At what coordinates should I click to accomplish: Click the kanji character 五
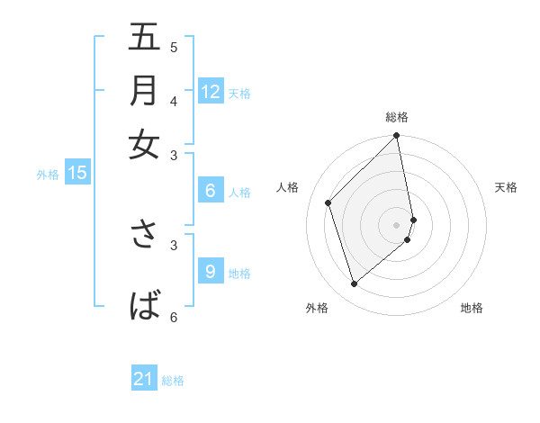[x=144, y=38]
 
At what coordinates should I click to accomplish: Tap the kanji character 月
[x=144, y=90]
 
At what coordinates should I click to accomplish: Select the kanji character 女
[x=144, y=144]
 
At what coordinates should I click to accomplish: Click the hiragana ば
[x=144, y=306]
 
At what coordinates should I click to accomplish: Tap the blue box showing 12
[x=211, y=92]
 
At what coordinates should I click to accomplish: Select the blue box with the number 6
[x=211, y=191]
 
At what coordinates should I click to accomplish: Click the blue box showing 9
[x=211, y=272]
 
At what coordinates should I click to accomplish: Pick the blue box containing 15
[x=76, y=174]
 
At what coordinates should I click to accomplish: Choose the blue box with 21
[x=144, y=380]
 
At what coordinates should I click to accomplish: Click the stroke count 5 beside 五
[x=174, y=48]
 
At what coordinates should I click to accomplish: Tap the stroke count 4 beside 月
[x=174, y=101]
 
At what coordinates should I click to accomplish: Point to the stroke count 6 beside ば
[x=174, y=317]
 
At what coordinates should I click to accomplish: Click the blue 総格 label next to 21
[x=173, y=381]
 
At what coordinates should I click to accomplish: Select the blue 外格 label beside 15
[x=47, y=175]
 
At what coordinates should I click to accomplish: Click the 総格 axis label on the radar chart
[x=397, y=116]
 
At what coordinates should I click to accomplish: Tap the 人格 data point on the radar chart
[x=328, y=202]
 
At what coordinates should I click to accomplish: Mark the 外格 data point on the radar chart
[x=355, y=284]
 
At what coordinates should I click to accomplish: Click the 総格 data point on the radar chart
[x=397, y=137]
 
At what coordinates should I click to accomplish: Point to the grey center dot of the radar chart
[x=397, y=224]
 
